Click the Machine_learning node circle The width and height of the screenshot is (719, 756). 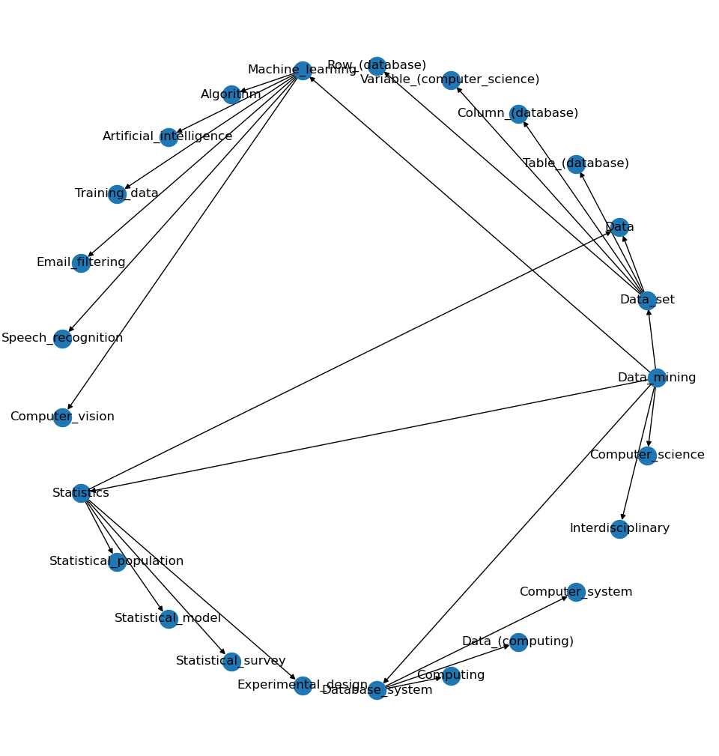point(303,70)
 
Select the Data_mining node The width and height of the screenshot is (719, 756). point(657,378)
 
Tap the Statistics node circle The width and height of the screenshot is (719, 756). point(81,493)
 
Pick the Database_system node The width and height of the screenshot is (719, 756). point(377,690)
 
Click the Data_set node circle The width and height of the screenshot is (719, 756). point(647,300)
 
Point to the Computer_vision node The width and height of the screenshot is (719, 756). point(62,417)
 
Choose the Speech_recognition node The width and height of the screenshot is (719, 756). point(62,339)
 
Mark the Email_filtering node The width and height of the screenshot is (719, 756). point(81,263)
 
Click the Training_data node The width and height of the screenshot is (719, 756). point(117,194)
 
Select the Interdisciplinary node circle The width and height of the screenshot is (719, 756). point(619,529)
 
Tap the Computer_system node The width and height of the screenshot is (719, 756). point(576,592)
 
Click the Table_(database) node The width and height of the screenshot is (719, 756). point(576,164)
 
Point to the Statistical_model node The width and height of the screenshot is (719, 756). point(169,619)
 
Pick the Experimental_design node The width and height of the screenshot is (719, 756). point(303,686)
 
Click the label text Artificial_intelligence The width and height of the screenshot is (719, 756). point(168,136)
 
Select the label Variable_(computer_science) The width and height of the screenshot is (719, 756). point(449,79)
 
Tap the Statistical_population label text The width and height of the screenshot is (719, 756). point(116,561)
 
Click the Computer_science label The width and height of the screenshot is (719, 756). point(647,455)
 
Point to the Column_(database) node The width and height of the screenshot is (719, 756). point(518,114)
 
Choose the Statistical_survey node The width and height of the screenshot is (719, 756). point(231,662)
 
